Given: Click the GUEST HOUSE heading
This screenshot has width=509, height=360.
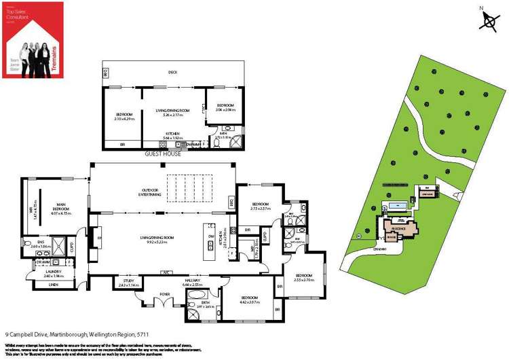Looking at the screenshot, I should [x=163, y=155].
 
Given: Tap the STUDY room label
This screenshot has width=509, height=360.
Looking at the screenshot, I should [x=128, y=280].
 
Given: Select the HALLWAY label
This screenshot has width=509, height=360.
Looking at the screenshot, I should [x=194, y=281].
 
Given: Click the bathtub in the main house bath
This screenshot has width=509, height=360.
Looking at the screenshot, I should [x=199, y=295].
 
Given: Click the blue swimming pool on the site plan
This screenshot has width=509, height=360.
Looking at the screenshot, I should [x=398, y=203].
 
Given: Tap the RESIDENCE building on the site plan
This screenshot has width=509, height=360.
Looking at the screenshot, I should [x=398, y=229].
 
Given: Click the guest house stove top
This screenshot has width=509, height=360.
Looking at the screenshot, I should [x=163, y=145].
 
